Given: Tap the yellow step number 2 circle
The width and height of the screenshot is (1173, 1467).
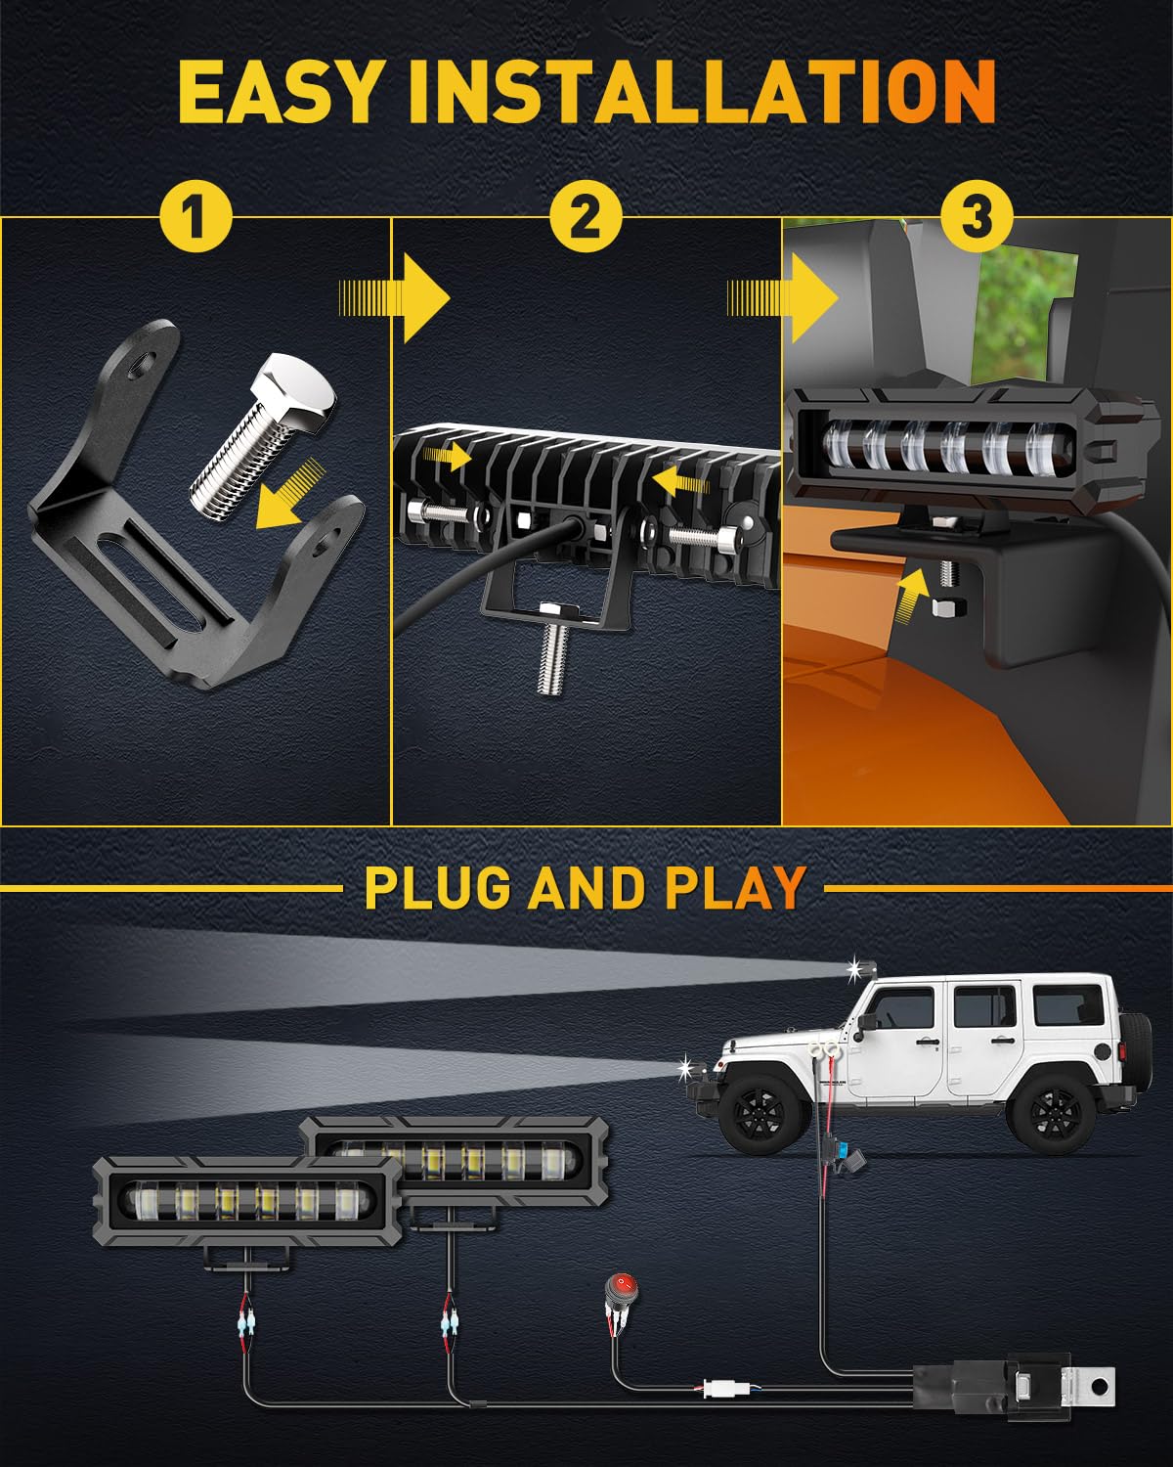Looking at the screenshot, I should [586, 218].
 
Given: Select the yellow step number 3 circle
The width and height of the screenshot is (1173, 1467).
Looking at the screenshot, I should [977, 218].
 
